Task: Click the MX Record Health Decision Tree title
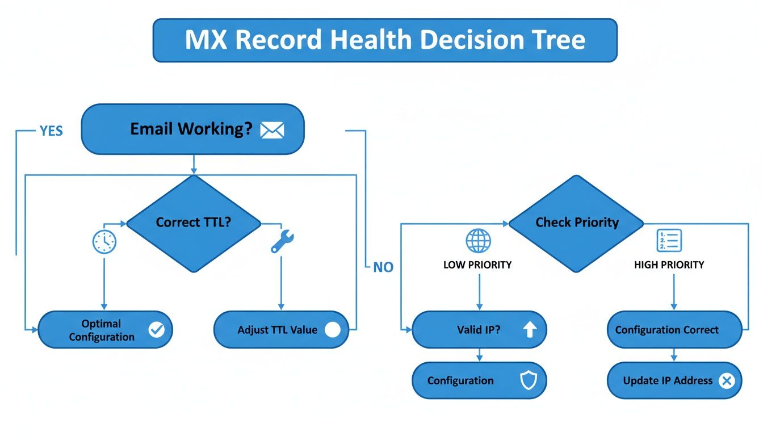(x=385, y=40)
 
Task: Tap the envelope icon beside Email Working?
(x=271, y=130)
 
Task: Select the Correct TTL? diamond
(x=194, y=223)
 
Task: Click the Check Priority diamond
(x=576, y=223)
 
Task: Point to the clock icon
(x=104, y=242)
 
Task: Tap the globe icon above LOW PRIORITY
(x=478, y=241)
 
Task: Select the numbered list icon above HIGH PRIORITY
(x=669, y=241)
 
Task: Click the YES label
(x=51, y=131)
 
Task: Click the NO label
(x=383, y=267)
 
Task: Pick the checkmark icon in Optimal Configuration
(x=156, y=330)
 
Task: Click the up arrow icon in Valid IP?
(x=529, y=330)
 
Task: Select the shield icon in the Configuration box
(x=529, y=381)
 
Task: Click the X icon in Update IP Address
(x=726, y=381)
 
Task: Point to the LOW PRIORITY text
(x=477, y=265)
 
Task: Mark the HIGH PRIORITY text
(x=669, y=265)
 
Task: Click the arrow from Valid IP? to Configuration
(x=479, y=355)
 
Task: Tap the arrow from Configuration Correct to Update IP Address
(x=674, y=355)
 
